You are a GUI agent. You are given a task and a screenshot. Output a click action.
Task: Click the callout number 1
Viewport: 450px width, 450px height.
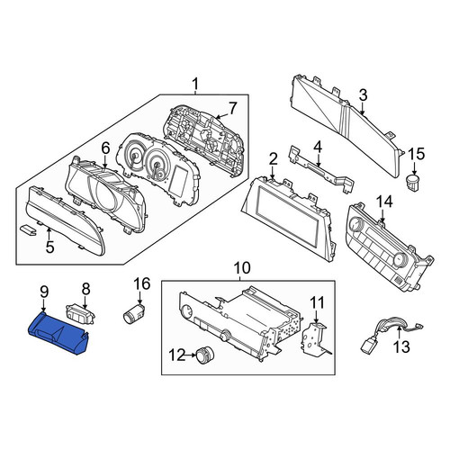(x=195, y=84)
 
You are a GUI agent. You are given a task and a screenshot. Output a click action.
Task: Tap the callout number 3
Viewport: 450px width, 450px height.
(x=363, y=95)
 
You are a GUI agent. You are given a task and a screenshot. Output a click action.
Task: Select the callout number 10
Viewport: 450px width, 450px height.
(x=242, y=268)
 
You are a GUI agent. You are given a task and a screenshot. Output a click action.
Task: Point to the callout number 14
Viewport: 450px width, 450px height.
(x=384, y=202)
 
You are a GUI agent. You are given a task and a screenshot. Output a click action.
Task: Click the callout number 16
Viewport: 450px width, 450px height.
(x=141, y=283)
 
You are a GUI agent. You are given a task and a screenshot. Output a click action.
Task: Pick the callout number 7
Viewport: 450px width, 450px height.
(x=232, y=108)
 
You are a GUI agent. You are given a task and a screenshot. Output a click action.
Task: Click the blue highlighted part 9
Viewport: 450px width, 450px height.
(x=58, y=333)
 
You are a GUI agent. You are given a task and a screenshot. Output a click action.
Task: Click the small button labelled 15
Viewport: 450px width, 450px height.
(x=413, y=182)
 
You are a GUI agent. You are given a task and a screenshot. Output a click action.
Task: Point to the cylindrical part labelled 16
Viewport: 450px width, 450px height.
(x=134, y=313)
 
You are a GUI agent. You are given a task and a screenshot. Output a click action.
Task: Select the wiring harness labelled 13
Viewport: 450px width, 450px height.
(x=390, y=334)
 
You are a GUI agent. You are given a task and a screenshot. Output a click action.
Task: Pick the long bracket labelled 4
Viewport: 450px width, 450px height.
(x=319, y=170)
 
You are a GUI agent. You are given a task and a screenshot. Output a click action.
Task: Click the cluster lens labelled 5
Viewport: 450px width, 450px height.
(x=65, y=220)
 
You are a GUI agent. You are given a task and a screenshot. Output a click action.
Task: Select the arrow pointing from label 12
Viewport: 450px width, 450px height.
(x=190, y=355)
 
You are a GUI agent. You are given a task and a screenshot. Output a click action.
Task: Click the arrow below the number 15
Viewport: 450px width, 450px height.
(x=415, y=168)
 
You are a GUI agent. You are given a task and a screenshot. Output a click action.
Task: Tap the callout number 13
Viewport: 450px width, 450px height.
(x=401, y=347)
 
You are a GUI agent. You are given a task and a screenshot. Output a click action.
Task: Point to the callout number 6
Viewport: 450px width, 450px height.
(x=105, y=148)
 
